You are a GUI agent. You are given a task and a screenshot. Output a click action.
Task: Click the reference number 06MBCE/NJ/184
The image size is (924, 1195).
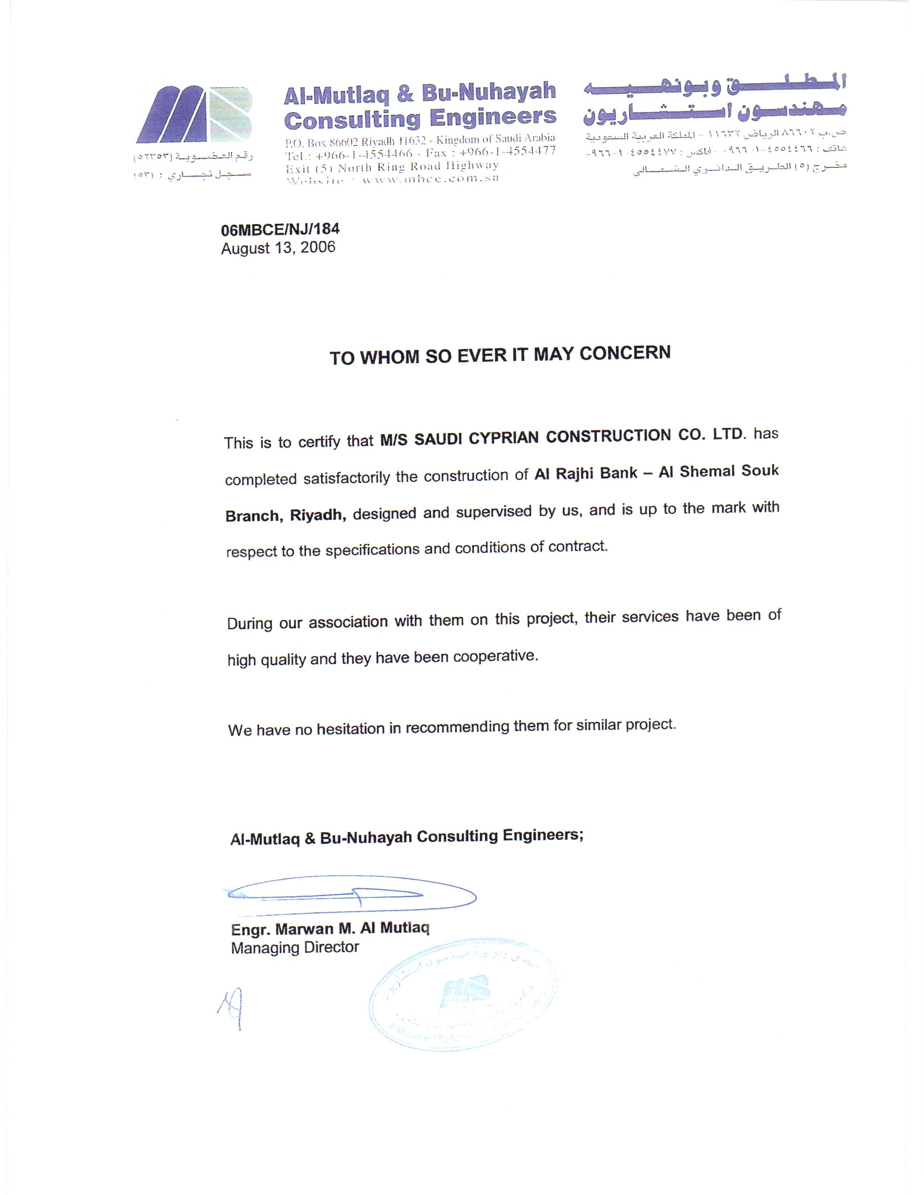coord(280,229)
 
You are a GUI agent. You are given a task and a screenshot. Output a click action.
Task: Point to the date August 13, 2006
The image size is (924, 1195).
coord(278,248)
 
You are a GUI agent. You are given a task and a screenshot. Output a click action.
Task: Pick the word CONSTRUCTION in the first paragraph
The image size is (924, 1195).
coord(608,436)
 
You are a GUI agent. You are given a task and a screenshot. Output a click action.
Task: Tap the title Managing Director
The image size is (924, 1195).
coord(295,948)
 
